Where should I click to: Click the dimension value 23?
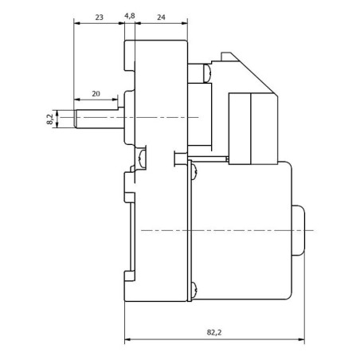[99, 18]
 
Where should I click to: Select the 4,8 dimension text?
[130, 16]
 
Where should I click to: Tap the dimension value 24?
[161, 18]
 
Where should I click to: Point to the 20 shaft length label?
[96, 94]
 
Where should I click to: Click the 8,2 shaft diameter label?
[49, 119]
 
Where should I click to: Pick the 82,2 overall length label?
[214, 332]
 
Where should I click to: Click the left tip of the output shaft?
[75, 119]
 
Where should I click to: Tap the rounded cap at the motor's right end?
[299, 230]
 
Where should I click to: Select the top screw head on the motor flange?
[194, 172]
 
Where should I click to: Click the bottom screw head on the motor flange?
[194, 289]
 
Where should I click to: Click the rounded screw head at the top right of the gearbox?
[207, 73]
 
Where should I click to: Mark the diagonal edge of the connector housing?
[253, 74]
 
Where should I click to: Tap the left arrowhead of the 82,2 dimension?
[127, 339]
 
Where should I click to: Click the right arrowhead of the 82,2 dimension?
[302, 339]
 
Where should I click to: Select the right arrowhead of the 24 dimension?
[185, 23]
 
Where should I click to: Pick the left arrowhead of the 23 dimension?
[77, 23]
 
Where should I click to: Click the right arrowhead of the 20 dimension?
[115, 100]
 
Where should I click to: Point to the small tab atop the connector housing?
[226, 56]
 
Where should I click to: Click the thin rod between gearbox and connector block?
[208, 158]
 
